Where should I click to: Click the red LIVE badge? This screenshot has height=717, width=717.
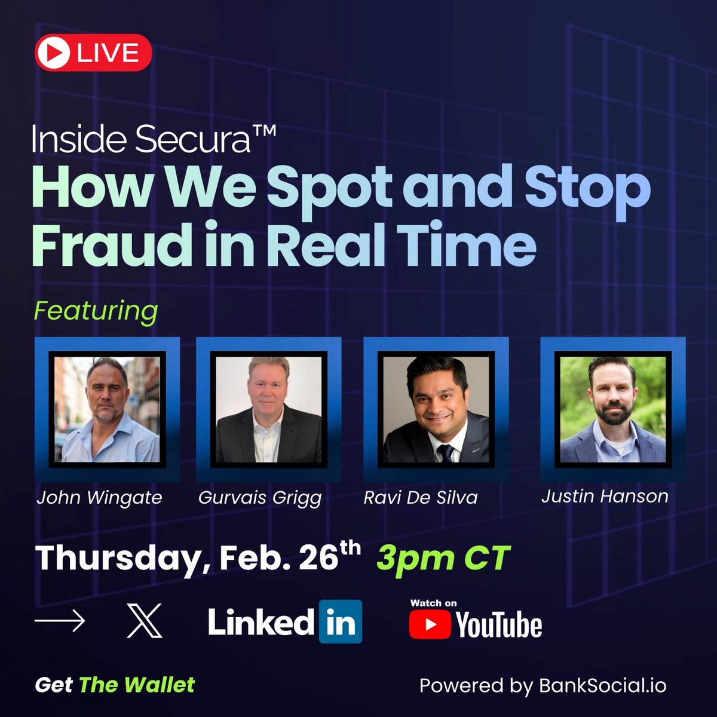point(93,53)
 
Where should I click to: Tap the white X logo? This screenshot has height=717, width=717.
point(145,621)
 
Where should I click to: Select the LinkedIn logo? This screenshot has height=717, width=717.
point(284,621)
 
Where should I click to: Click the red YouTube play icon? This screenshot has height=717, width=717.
point(430,625)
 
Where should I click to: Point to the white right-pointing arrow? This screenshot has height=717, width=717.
point(59,621)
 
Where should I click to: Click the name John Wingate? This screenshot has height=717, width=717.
point(99,498)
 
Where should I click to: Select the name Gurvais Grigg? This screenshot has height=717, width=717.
point(260,498)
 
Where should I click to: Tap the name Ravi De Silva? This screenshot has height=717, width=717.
point(421,498)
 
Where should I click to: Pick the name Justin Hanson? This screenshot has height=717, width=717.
point(605,496)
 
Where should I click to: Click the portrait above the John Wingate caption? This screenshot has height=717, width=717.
point(108,409)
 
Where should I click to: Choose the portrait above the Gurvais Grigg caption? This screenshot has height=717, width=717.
point(269,409)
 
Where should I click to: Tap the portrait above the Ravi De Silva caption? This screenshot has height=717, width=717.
point(436,409)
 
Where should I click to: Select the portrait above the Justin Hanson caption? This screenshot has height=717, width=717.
point(612,409)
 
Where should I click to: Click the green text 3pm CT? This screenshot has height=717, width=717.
point(443,559)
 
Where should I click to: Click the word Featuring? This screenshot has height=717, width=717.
point(96,311)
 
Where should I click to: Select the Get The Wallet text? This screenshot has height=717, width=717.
point(115,685)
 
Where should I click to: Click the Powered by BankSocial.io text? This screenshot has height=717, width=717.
point(543,685)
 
